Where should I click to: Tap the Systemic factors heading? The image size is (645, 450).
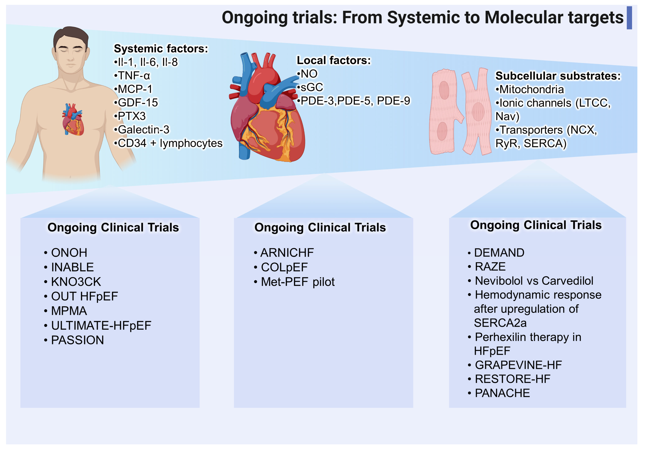[x=161, y=49]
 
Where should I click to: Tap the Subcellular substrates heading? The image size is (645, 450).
[x=558, y=76]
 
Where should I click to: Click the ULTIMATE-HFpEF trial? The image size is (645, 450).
[x=101, y=325]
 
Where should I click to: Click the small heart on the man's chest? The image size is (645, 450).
[x=73, y=120]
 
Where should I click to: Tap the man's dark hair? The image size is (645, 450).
[x=71, y=35]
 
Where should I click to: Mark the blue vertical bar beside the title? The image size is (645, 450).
[x=629, y=18]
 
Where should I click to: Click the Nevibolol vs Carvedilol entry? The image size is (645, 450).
[x=534, y=281]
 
